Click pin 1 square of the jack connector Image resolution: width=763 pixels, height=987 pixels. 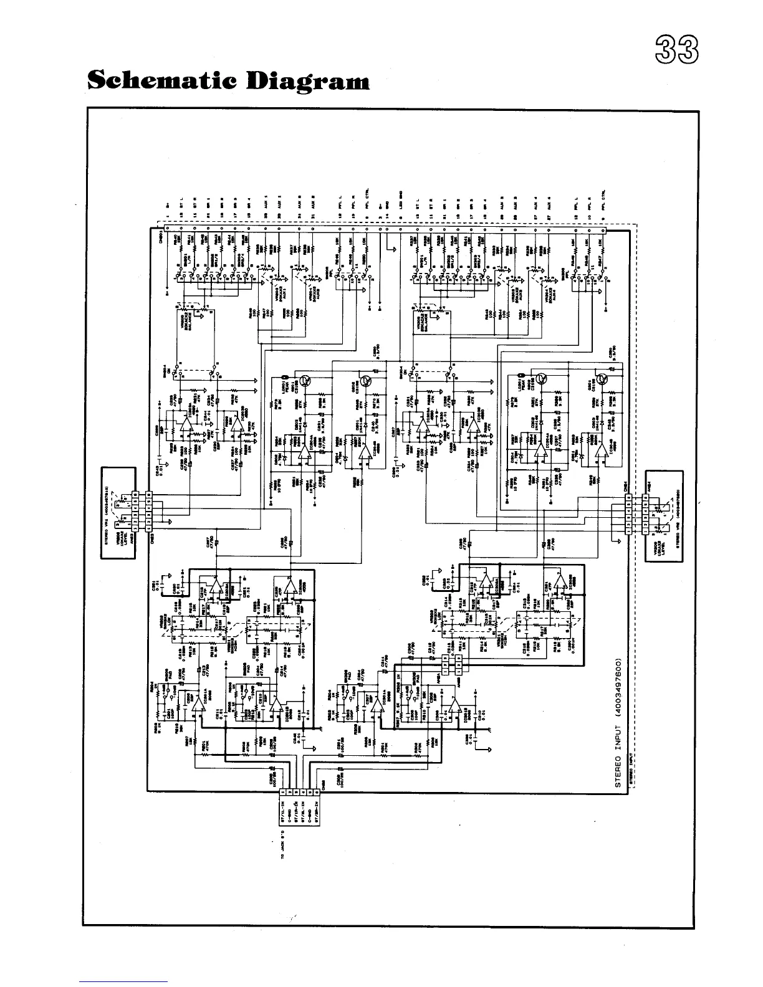(x=283, y=792)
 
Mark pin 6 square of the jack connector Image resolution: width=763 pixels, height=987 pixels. (x=317, y=792)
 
